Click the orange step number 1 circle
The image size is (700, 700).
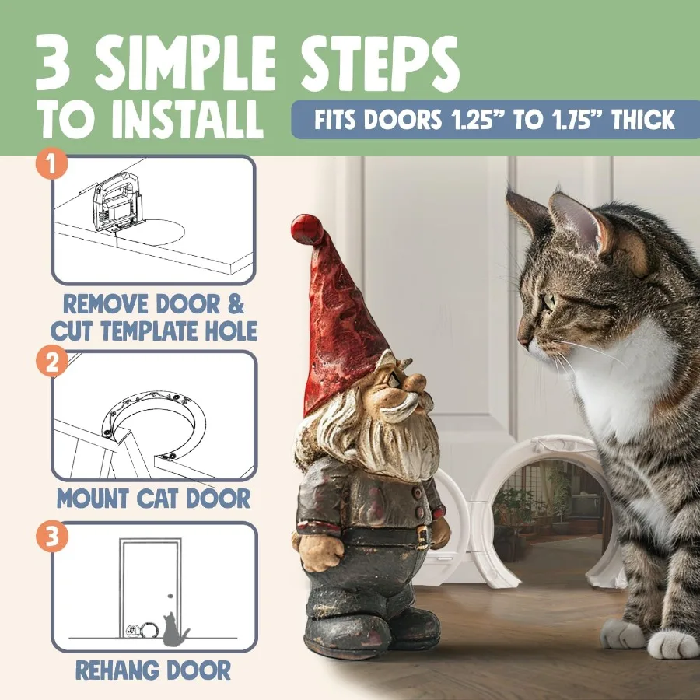(x=52, y=165)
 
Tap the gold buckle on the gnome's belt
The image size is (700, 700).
(x=422, y=535)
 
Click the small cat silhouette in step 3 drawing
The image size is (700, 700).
(x=173, y=628)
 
